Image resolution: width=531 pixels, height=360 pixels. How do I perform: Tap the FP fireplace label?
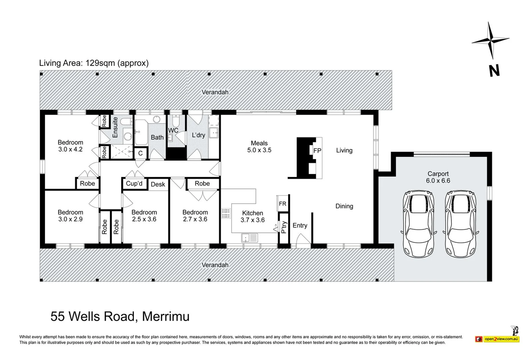pyautogui.click(x=317, y=151)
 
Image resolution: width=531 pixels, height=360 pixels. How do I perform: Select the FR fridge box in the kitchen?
pyautogui.click(x=282, y=204)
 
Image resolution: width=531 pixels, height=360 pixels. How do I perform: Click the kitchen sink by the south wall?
pyautogui.click(x=250, y=238)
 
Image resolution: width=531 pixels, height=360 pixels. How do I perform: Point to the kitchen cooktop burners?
pyautogui.click(x=226, y=213)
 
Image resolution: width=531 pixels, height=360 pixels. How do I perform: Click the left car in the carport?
pyautogui.click(x=419, y=223)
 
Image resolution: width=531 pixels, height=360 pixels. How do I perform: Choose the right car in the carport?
pyautogui.click(x=461, y=223)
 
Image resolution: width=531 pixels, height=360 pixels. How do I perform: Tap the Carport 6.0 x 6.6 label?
pyautogui.click(x=438, y=177)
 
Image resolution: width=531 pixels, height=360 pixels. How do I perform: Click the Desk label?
pyautogui.click(x=158, y=184)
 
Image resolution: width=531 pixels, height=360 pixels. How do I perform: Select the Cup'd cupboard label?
pyautogui.click(x=134, y=183)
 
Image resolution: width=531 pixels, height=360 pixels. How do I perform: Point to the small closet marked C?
pyautogui.click(x=140, y=153)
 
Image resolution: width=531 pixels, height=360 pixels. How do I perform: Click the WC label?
pyautogui.click(x=173, y=130)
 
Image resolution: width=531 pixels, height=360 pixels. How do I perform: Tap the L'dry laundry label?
pyautogui.click(x=198, y=135)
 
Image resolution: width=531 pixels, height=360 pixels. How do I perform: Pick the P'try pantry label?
pyautogui.click(x=284, y=227)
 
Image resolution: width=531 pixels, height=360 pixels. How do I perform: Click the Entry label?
pyautogui.click(x=300, y=225)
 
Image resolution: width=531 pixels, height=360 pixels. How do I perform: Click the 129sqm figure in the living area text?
pyautogui.click(x=100, y=63)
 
